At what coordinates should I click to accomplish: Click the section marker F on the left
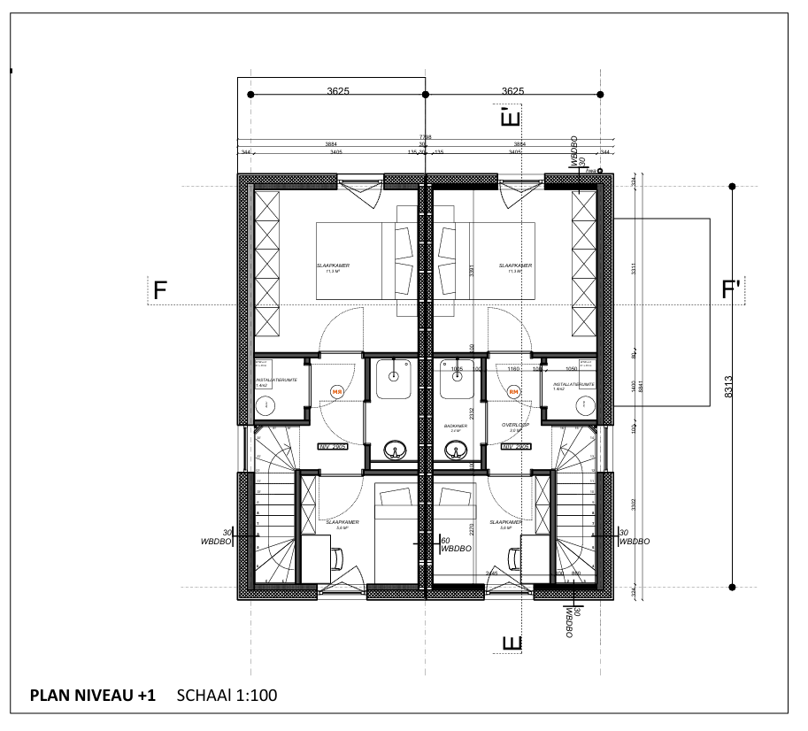(x=160, y=290)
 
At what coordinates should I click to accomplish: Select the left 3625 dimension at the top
(x=337, y=90)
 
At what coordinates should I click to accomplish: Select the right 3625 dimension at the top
(x=512, y=90)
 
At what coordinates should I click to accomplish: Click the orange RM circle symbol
(x=513, y=391)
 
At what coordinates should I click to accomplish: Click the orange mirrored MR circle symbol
(x=336, y=391)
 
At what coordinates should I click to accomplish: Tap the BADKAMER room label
(x=456, y=426)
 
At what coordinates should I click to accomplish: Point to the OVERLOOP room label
(x=514, y=426)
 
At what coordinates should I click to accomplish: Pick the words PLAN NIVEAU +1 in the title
(x=93, y=696)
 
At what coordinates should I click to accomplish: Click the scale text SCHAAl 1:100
(x=227, y=696)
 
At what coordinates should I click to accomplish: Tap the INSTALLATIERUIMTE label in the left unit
(x=275, y=381)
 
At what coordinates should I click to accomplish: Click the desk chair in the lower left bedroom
(x=337, y=558)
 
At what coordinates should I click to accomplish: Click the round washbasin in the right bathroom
(x=457, y=453)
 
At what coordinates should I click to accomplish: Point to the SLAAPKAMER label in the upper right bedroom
(x=514, y=265)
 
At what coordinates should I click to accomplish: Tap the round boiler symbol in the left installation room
(x=265, y=404)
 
